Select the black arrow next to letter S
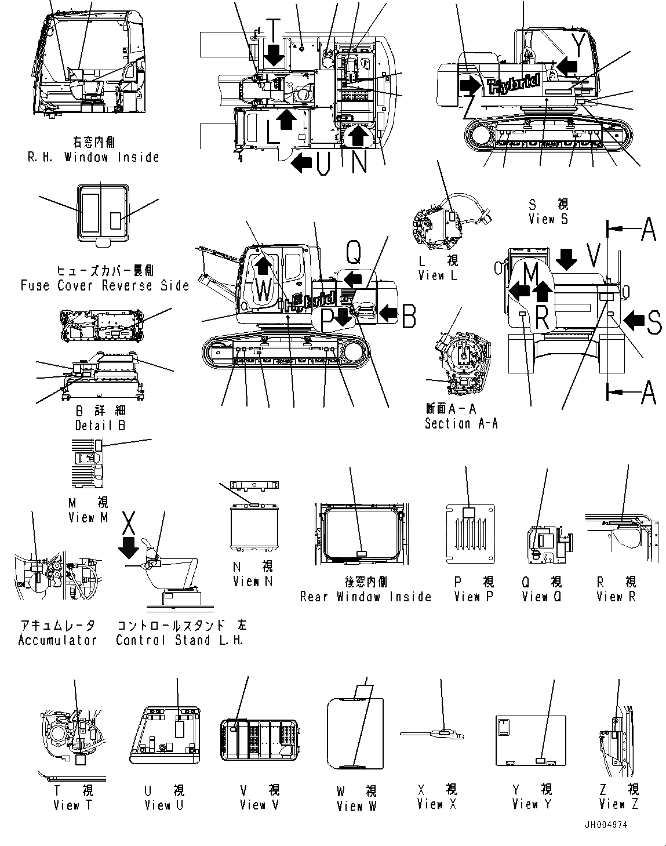click(636, 319)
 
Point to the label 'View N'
click(252, 580)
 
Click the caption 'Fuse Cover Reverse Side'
click(105, 285)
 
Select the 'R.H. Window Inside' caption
click(93, 157)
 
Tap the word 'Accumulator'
click(57, 640)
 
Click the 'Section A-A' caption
click(461, 424)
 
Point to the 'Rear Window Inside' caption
click(366, 597)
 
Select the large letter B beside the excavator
click(409, 316)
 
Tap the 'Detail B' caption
click(100, 425)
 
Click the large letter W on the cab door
click(263, 289)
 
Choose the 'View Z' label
click(619, 804)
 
